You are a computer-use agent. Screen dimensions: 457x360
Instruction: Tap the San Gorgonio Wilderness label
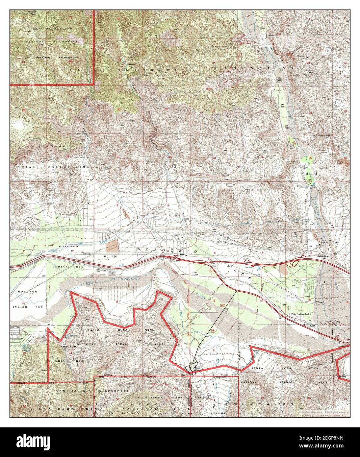point(49,57)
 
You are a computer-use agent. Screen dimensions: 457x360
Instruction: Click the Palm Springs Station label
point(301,314)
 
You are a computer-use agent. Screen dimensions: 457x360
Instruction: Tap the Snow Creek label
point(198,369)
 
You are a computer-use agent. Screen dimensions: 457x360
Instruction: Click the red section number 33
point(214,158)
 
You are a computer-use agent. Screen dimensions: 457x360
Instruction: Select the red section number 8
point(168,251)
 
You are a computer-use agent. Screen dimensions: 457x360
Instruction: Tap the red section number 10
point(262,253)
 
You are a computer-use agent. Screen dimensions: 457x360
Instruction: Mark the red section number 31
point(118,157)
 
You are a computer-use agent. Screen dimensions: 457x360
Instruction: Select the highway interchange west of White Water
point(295,262)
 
